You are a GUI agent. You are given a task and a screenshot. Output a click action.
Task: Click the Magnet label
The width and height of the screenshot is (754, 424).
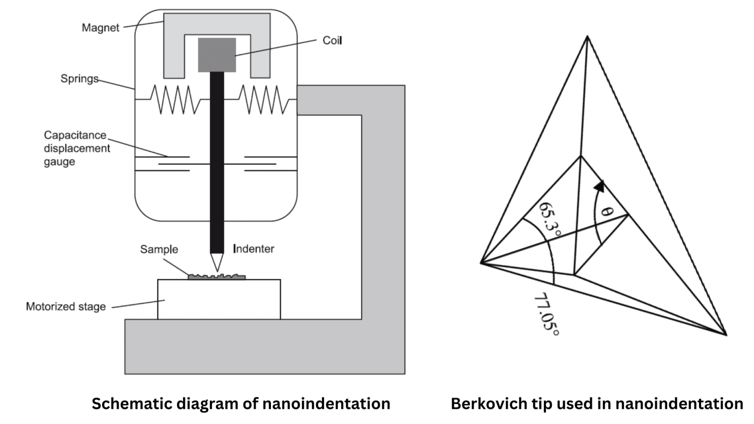pyautogui.click(x=100, y=28)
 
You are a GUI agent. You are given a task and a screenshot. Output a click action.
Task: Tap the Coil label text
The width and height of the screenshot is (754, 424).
pyautogui.click(x=332, y=41)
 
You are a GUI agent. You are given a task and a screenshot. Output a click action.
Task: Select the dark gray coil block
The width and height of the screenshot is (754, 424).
pyautogui.click(x=216, y=55)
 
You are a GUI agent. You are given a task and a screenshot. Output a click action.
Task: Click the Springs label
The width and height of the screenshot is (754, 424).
pyautogui.click(x=79, y=79)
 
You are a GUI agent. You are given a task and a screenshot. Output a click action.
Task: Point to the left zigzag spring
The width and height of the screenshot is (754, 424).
pyautogui.click(x=176, y=100)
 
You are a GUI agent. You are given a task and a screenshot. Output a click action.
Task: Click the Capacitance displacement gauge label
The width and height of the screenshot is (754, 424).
pyautogui.click(x=76, y=148)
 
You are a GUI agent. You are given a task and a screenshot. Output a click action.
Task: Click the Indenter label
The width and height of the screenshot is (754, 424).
pyautogui.click(x=253, y=249)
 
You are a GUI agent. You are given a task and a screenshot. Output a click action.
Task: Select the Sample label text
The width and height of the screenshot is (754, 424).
pyautogui.click(x=159, y=249)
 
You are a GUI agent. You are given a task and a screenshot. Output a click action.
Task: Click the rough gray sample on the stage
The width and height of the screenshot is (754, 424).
pyautogui.click(x=216, y=277)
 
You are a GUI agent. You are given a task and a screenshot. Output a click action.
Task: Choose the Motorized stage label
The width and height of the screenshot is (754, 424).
pyautogui.click(x=66, y=307)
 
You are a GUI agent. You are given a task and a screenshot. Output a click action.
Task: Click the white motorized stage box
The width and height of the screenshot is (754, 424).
pyautogui.click(x=219, y=299)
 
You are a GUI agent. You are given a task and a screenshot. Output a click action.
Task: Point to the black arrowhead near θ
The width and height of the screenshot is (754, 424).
pyautogui.click(x=599, y=186)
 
